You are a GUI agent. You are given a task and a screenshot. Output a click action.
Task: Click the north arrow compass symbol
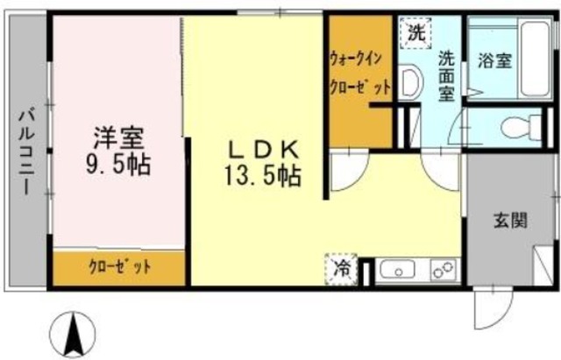point(74,334)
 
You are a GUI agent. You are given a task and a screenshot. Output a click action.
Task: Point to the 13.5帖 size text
point(261,174)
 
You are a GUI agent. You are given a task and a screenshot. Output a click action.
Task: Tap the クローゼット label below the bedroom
point(120,266)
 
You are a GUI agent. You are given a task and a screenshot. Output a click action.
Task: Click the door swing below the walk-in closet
point(349,172)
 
